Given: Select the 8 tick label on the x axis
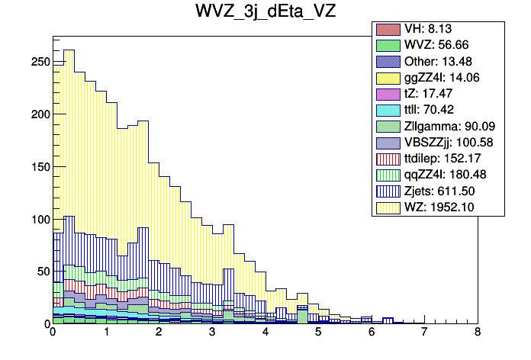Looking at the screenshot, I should (x=478, y=333).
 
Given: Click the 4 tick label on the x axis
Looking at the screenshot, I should (x=265, y=333).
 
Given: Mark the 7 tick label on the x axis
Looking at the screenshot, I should (x=424, y=333).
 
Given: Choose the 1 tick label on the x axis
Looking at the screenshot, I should (x=105, y=333).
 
